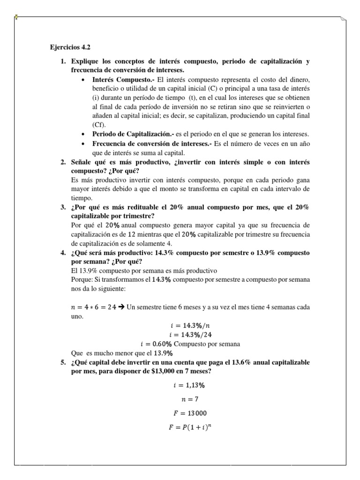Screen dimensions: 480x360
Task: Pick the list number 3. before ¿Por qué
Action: (x=63, y=207)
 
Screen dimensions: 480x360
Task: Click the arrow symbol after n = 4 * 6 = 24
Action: (x=121, y=307)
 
